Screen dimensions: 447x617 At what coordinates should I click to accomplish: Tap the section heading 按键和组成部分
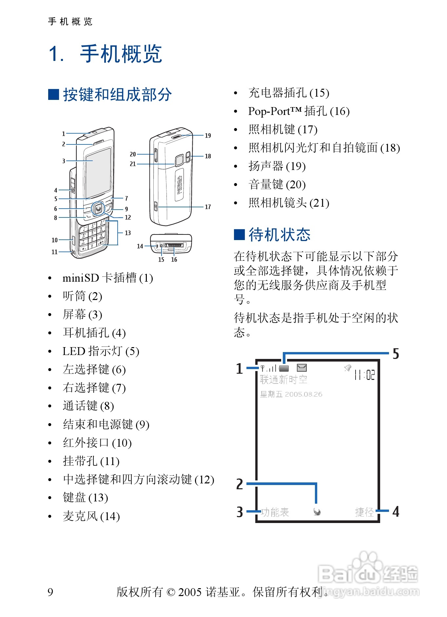click(x=117, y=95)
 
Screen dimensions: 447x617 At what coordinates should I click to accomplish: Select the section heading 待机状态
click(x=279, y=235)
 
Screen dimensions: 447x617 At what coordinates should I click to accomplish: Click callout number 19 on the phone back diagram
click(x=208, y=136)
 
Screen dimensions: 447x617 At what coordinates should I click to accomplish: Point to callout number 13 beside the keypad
click(x=127, y=233)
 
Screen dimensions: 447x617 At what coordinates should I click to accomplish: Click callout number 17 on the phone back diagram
click(x=208, y=207)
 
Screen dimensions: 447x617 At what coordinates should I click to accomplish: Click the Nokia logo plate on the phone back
click(x=179, y=185)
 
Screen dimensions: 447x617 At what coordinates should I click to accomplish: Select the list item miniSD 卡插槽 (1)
click(x=107, y=278)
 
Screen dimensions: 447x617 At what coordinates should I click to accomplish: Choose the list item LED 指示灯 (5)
click(x=101, y=351)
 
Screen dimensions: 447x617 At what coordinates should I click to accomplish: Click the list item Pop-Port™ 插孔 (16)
click(x=299, y=111)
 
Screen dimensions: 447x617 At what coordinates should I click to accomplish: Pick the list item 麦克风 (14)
click(x=91, y=516)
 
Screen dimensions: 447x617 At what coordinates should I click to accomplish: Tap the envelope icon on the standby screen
click(x=301, y=368)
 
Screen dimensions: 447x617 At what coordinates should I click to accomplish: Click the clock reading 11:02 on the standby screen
click(x=364, y=375)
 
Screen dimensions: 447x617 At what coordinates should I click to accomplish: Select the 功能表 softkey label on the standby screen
click(x=275, y=512)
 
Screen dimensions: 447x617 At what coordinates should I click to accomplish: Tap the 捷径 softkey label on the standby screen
click(x=364, y=512)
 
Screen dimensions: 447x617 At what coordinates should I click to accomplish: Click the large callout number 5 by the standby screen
click(x=396, y=354)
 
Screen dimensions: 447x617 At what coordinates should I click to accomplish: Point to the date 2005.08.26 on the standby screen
click(x=303, y=394)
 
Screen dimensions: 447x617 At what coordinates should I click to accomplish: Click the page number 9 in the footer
click(x=50, y=592)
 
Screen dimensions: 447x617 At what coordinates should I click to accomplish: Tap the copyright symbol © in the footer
click(x=171, y=592)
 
